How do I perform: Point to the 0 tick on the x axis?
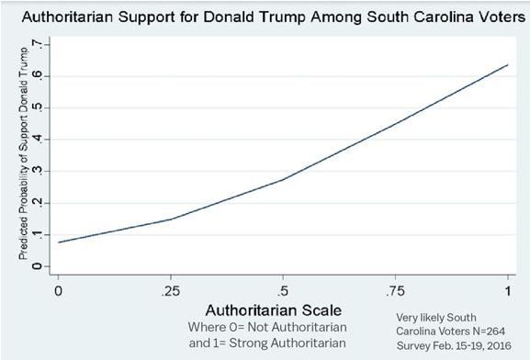pos(59,291)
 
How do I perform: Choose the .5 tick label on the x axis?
pos(283,291)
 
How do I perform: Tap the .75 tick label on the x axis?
pos(395,291)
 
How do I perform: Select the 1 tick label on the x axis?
pos(507,291)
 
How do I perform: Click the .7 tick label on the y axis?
pos(37,44)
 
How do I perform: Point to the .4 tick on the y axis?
pos(37,140)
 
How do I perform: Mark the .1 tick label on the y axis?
pos(37,235)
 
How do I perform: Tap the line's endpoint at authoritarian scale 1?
pos(507,64)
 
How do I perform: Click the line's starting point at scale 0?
pos(59,242)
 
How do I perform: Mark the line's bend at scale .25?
pos(172,219)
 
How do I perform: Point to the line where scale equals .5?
pos(283,179)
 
